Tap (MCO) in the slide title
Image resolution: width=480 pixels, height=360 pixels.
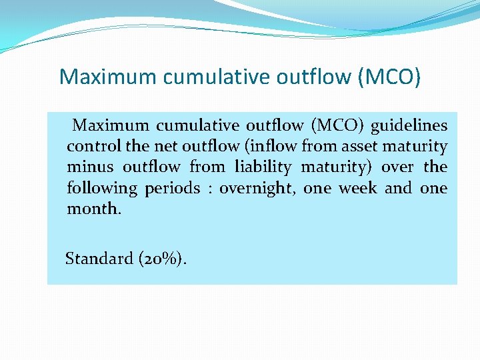(389, 77)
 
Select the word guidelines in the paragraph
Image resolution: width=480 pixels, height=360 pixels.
(409, 125)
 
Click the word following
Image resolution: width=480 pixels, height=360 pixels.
(102, 188)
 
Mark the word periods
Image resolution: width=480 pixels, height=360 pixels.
(172, 188)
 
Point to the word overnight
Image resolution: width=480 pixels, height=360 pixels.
(257, 188)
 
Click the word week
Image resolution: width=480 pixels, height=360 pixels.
(357, 188)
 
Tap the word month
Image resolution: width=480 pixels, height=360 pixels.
(94, 209)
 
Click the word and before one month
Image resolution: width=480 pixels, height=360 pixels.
(398, 188)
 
